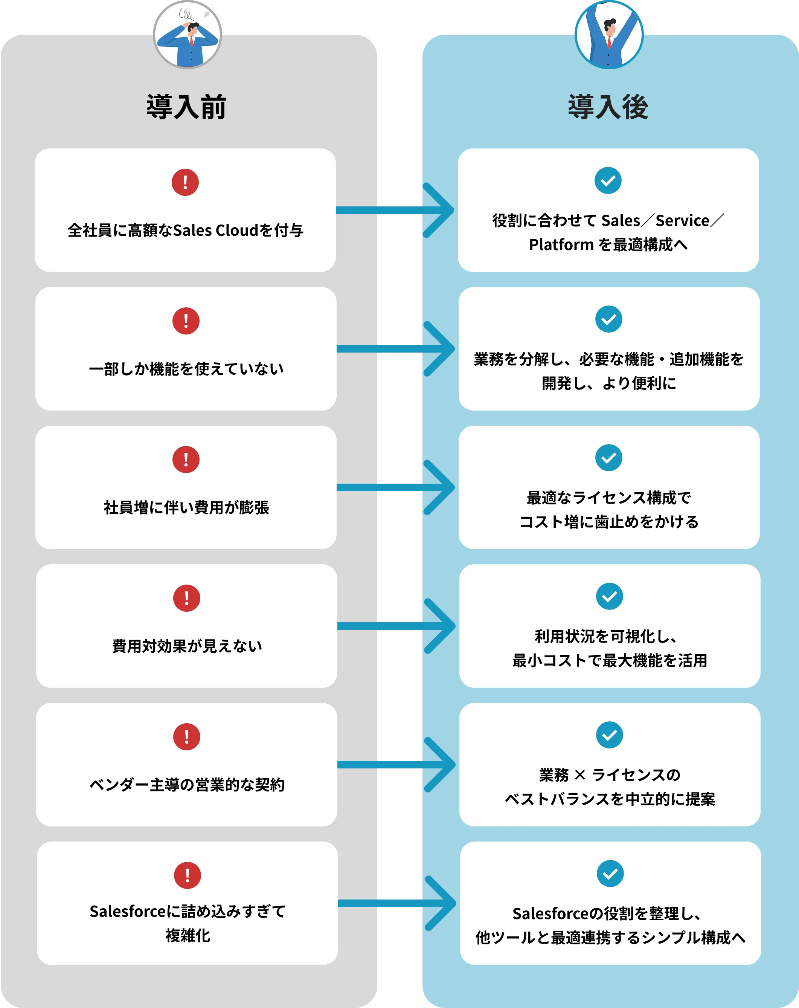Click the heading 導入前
[x=186, y=107]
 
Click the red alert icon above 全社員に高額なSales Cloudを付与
[x=185, y=182]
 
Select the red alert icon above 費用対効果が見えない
[x=186, y=598]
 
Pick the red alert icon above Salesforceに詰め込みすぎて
[x=188, y=875]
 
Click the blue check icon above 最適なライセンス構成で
[x=608, y=458]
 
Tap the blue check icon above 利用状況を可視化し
[x=609, y=596]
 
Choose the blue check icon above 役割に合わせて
[x=608, y=180]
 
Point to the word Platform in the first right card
[x=561, y=244]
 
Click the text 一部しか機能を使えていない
[x=186, y=369]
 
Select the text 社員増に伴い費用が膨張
[x=186, y=507]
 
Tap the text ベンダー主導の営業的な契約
[x=186, y=785]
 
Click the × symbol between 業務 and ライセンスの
[x=579, y=775]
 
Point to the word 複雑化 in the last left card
[x=188, y=936]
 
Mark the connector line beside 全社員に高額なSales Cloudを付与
[x=379, y=210]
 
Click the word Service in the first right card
[x=682, y=221]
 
